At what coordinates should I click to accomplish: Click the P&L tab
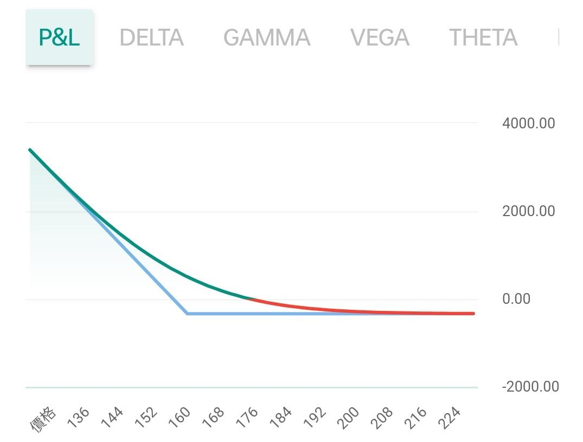[x=59, y=37]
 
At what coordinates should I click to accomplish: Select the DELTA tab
[x=151, y=37]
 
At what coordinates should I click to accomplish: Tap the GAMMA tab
[x=267, y=37]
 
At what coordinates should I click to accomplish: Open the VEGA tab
[x=380, y=37]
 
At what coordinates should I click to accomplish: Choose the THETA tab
[x=483, y=37]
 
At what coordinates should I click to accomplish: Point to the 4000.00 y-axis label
[x=528, y=123]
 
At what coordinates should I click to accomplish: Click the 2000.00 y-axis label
[x=528, y=211]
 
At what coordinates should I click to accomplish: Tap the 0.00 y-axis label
[x=516, y=299]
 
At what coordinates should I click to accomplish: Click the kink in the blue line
[x=187, y=313]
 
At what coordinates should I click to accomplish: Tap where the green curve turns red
[x=248, y=298]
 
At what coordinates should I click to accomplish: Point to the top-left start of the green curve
[x=30, y=150]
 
